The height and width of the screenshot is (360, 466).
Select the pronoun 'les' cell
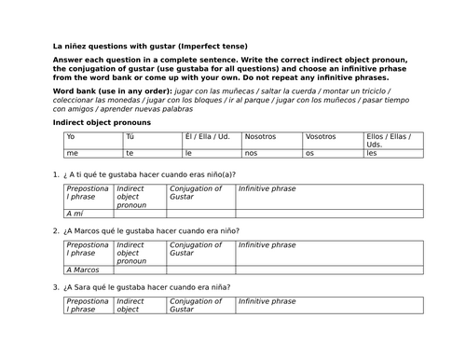(372, 153)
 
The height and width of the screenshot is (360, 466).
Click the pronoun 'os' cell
(310, 153)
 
